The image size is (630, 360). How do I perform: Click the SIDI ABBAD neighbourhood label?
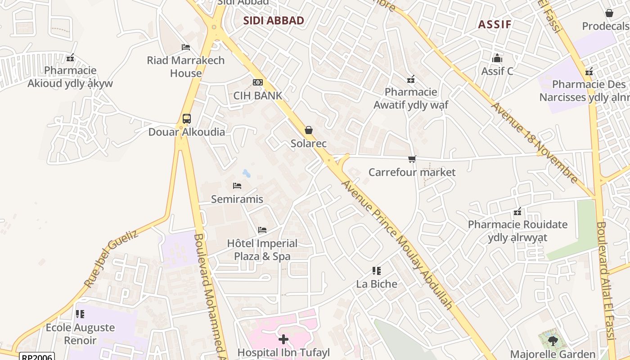coord(274,21)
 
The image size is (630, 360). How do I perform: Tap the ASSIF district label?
coord(495,24)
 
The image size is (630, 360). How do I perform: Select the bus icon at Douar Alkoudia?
coord(187,119)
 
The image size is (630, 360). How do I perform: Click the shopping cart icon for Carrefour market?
coord(412,159)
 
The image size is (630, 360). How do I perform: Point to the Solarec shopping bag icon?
coord(309,130)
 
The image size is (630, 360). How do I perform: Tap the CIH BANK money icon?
coord(258,82)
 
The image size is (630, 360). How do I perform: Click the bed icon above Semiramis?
coord(237,185)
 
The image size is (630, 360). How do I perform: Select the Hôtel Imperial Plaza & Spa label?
coord(262,250)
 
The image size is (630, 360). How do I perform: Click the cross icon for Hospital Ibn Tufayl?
coord(283,339)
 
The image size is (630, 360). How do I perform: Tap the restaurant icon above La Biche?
coord(377,271)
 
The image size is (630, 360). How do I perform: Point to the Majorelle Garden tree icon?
coord(553,341)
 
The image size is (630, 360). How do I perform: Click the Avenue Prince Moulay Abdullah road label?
coord(397,244)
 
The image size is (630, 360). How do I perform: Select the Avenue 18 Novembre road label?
coord(534,143)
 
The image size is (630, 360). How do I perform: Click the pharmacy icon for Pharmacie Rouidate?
coord(517,211)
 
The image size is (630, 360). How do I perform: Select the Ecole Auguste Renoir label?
coord(80,333)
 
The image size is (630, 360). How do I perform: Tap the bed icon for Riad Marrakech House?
coord(185,47)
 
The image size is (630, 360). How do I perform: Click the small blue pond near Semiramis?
coord(246,173)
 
